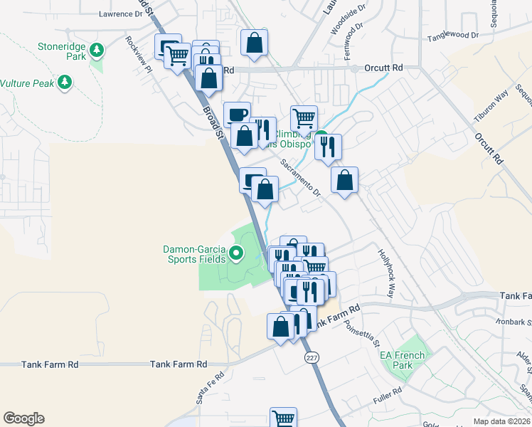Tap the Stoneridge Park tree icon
[x=97, y=50]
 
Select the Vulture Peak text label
[x=27, y=83]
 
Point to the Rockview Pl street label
[x=138, y=54]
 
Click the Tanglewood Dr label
[x=452, y=35]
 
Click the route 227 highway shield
[x=311, y=356]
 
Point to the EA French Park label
[x=402, y=360]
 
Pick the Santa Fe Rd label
[x=210, y=385]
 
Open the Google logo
[x=23, y=418]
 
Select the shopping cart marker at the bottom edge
[x=283, y=417]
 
